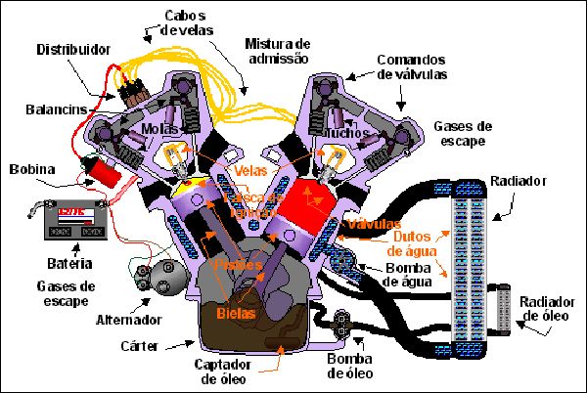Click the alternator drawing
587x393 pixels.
pos(155,277)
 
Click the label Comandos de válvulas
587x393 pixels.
pos(412,65)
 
